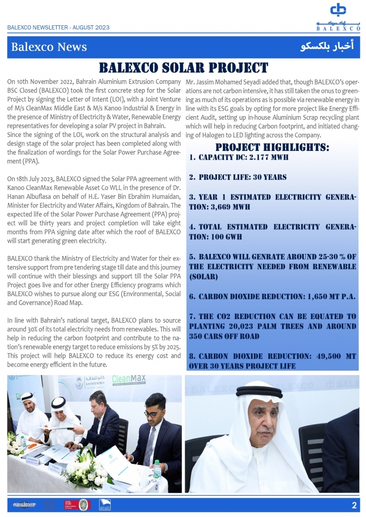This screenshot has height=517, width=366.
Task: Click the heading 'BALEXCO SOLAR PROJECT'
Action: coord(183,68)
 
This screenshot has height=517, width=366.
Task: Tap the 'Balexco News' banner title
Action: coord(49,47)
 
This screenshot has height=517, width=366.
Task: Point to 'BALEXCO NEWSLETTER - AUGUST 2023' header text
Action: coord(58,28)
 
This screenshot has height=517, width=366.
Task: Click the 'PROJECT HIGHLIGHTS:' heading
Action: coord(272,147)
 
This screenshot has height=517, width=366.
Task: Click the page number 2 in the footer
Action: coord(354,505)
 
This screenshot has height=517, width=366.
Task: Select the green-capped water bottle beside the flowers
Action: coord(158,471)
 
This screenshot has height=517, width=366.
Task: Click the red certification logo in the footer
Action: coord(70,504)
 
